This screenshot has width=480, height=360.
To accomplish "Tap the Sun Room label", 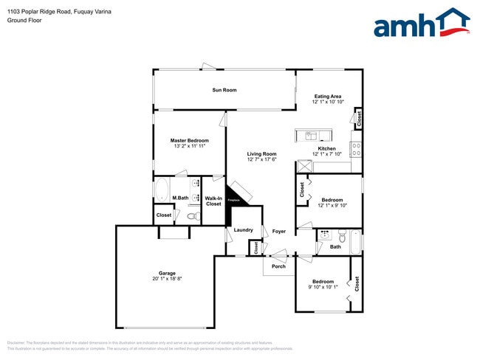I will click(x=224, y=90).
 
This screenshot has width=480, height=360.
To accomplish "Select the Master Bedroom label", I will click(x=189, y=140).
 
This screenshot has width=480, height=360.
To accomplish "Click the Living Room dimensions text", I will click(x=261, y=159).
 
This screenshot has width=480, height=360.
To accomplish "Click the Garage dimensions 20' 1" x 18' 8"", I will click(x=167, y=279).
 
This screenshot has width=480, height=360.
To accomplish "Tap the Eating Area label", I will click(x=327, y=96).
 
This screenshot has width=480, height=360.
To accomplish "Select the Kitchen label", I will click(x=327, y=148).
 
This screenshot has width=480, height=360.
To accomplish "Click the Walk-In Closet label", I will click(x=213, y=201).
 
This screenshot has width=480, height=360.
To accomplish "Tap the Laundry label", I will click(x=243, y=230).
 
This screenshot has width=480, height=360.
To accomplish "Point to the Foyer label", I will click(x=278, y=231).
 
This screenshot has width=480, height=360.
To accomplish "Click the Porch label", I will click(x=278, y=266).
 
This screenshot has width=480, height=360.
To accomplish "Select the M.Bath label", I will click(x=180, y=198).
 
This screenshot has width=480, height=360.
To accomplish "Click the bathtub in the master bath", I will click(x=162, y=189).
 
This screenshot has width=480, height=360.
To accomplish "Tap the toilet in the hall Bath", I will click(x=341, y=236).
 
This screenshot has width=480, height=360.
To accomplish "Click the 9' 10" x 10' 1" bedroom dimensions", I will click(x=323, y=287).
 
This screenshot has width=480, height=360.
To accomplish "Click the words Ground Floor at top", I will click(x=24, y=20).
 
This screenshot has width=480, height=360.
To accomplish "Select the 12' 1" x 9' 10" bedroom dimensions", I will click(x=332, y=205).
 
